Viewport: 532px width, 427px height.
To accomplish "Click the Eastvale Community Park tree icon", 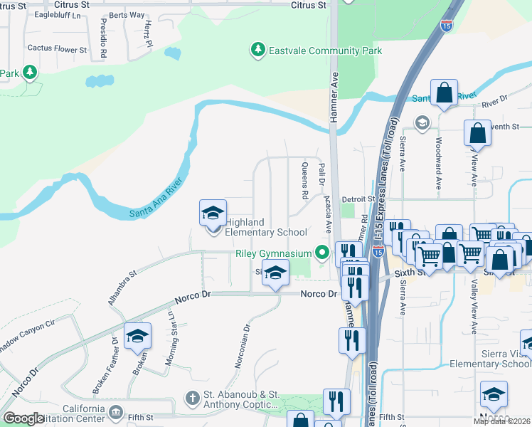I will pos(257,51).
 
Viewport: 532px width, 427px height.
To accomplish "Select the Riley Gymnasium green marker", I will pos(323,253).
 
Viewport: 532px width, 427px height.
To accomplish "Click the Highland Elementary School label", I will pos(266,227).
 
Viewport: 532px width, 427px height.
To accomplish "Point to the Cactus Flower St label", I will pos(57,50).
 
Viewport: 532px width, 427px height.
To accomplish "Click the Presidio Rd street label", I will pos(103,38).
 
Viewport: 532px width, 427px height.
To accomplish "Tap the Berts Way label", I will pos(127,15).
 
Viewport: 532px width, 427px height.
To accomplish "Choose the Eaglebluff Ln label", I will pos(56,15).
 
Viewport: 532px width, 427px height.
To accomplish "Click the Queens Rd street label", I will pos(304,180).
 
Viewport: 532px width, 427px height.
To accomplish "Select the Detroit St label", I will pos(358,199).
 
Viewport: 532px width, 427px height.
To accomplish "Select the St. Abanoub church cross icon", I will pos(191,397).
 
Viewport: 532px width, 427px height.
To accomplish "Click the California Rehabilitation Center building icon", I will pos(115,412).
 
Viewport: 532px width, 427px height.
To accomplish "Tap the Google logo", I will pos(23,418).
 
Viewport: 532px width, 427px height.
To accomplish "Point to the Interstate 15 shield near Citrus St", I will pos(446,26).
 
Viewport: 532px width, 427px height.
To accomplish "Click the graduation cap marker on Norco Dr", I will pos(275,273).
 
